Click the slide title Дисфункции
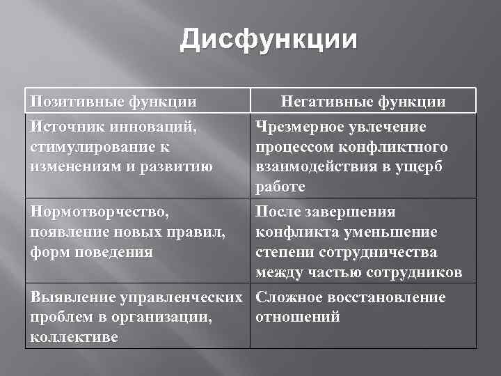click(269, 40)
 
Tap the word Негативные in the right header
click(327, 102)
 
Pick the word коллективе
click(74, 338)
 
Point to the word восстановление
click(391, 297)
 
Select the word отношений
click(297, 318)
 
